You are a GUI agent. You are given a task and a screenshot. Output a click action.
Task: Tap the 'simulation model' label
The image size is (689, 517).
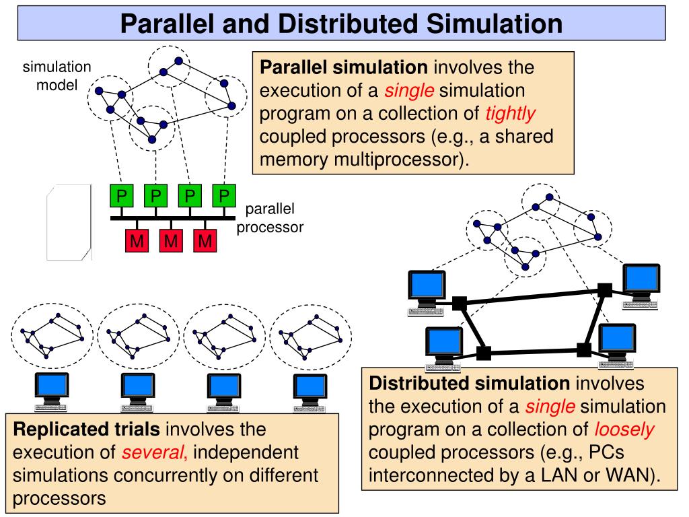point(57,75)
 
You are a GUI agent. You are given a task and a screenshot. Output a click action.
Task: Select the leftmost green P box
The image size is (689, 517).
point(122,196)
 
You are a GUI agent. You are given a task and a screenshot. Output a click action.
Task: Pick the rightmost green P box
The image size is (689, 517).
point(224,196)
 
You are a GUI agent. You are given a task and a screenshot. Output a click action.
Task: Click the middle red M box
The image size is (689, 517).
point(171,240)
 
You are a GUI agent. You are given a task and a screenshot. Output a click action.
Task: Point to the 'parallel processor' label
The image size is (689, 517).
point(270,218)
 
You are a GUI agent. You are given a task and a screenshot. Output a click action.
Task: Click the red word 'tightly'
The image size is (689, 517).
point(510,113)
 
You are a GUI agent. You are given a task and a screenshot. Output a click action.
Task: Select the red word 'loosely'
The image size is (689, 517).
point(624,429)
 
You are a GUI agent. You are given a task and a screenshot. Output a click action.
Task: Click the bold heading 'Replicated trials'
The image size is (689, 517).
point(87,429)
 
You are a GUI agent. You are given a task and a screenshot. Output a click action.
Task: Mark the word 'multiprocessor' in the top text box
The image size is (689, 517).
point(398,159)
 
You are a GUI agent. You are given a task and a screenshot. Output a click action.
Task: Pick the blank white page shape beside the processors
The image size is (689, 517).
point(69,222)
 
